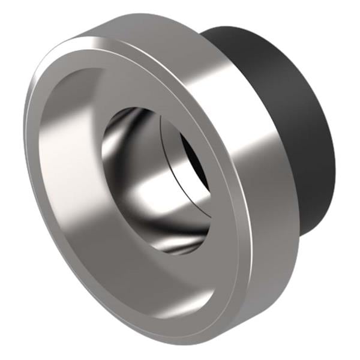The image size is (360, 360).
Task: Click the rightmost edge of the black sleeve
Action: pos(335,150)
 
